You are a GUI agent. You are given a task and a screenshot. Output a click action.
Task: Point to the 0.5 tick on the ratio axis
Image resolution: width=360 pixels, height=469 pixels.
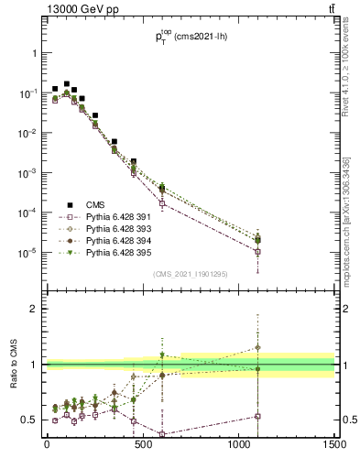click(x=29, y=420)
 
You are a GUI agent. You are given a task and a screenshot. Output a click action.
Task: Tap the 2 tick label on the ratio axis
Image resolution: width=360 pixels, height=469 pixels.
click(x=34, y=309)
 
